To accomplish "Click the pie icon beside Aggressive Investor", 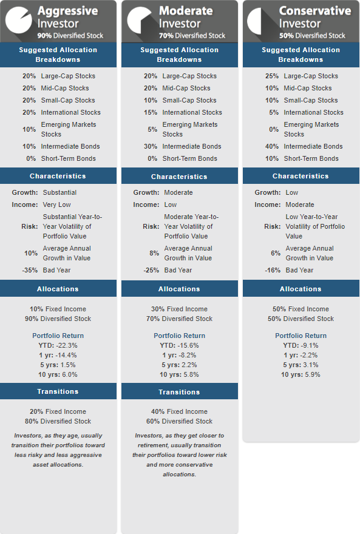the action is (x=19, y=20).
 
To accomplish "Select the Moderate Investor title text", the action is (x=186, y=17).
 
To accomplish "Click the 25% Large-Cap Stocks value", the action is (x=272, y=76).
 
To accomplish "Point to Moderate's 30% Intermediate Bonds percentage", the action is (x=151, y=146).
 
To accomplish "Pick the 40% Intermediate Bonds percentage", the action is (x=272, y=146).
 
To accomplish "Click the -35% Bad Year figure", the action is (x=30, y=270).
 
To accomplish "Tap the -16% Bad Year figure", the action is (x=273, y=270).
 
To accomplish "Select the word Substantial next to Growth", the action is (x=59, y=192).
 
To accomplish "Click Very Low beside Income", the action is (x=57, y=204).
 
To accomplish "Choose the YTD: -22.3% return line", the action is (x=58, y=345).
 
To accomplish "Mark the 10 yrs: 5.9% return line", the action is (x=301, y=374).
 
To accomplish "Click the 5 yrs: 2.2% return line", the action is (x=180, y=365).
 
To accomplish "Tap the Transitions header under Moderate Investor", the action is (x=179, y=392).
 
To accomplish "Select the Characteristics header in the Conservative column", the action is (x=301, y=176).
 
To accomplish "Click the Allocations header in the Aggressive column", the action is (x=58, y=289).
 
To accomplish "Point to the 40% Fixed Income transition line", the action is (x=180, y=411).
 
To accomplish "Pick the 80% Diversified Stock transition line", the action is (x=58, y=421).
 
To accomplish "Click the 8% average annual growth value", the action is (x=154, y=253).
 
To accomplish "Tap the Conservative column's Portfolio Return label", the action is (x=301, y=336).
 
